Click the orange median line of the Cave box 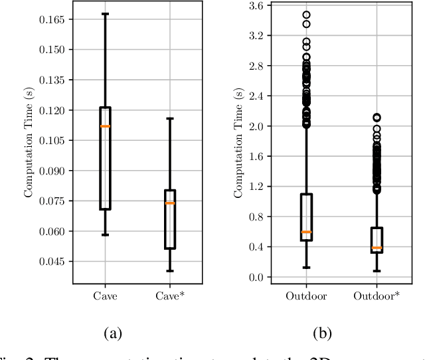click(105, 126)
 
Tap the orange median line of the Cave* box click(170, 203)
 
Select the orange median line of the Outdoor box click(306, 232)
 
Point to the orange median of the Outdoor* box click(377, 248)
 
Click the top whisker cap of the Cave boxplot click(105, 13)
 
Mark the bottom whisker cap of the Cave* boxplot click(170, 271)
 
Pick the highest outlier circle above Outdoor click(306, 15)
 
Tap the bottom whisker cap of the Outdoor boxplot click(306, 268)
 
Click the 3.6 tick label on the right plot click(255, 5)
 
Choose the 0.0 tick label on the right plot click(255, 277)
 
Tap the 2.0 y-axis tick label click(255, 126)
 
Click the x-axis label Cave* click(170, 296)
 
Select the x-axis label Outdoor click(306, 296)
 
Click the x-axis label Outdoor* click(377, 296)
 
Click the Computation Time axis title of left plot click(29, 142)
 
